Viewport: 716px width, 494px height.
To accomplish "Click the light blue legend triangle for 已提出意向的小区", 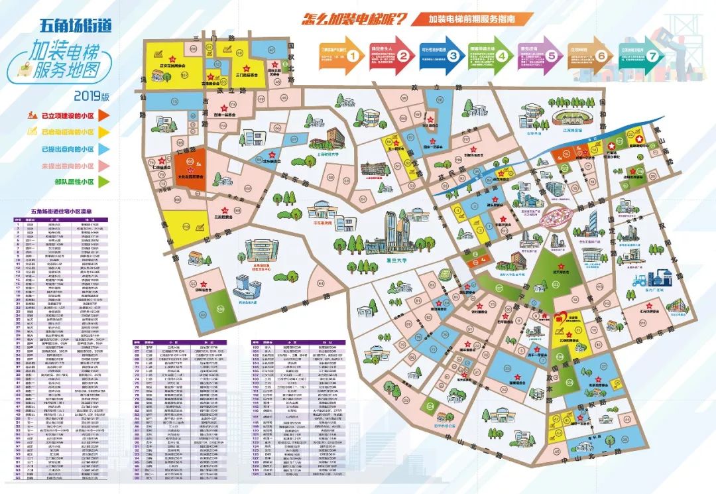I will pyautogui.click(x=106, y=149).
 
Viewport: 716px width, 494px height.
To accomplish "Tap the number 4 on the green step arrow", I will pyautogui.click(x=502, y=56).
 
